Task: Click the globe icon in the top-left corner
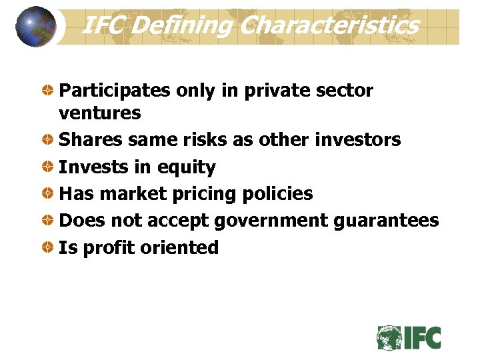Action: pyautogui.click(x=36, y=27)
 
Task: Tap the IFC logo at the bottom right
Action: pyautogui.click(x=409, y=337)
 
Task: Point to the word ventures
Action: pyautogui.click(x=100, y=113)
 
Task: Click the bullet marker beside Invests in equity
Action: pyautogui.click(x=49, y=167)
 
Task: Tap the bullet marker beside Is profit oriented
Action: pyautogui.click(x=49, y=247)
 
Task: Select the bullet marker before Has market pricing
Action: pyautogui.click(x=49, y=194)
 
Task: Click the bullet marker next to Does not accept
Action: pyautogui.click(x=49, y=221)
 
